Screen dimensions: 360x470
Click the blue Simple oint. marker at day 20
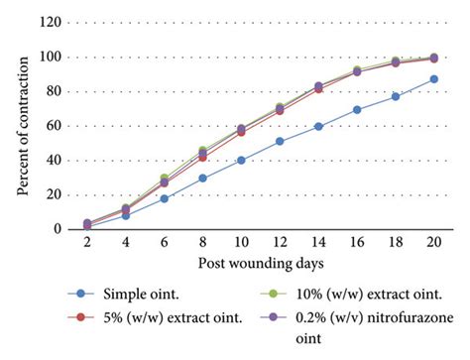tap(434, 79)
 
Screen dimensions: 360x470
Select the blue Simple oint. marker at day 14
tap(319, 126)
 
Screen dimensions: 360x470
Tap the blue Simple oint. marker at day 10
tap(241, 160)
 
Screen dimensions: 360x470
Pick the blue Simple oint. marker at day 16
tap(357, 109)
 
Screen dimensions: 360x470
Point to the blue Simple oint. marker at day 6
tap(165, 198)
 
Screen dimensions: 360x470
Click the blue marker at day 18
tap(396, 96)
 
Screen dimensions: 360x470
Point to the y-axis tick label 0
tap(69, 229)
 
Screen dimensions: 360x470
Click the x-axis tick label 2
tap(88, 244)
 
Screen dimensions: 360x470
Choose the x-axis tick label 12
tap(280, 244)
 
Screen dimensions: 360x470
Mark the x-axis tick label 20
tap(434, 244)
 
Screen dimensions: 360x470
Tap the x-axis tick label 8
tap(203, 244)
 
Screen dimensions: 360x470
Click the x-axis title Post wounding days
tap(261, 264)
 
